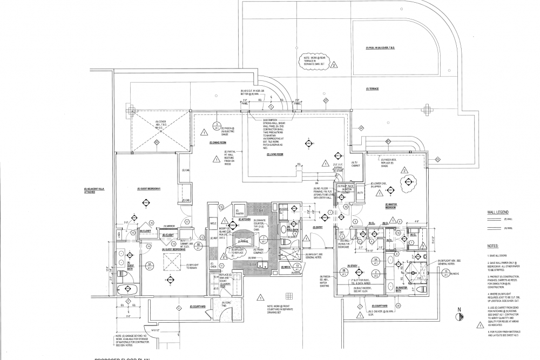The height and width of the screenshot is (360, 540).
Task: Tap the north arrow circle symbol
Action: coord(460,316)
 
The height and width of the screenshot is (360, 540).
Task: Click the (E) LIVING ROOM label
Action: coord(275,154)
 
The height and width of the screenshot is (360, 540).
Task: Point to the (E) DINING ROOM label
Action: coord(217,142)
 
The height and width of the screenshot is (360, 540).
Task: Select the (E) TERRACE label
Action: coord(372,89)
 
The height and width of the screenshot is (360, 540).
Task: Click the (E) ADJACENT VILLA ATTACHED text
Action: coord(93,190)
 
